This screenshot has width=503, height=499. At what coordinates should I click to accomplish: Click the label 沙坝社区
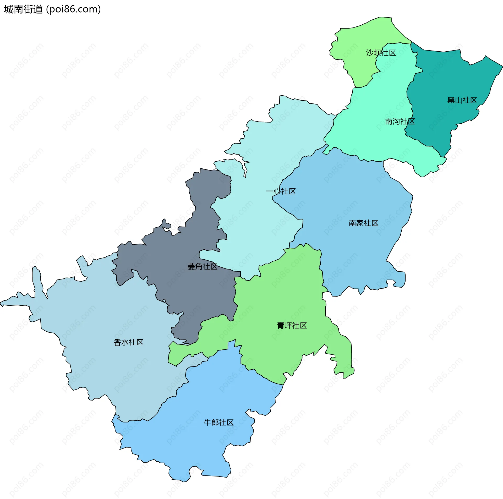381,53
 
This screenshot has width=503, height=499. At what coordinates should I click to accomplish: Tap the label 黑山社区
462,100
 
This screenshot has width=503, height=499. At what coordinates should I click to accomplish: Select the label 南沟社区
400,122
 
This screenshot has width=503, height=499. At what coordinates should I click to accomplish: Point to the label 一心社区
281,191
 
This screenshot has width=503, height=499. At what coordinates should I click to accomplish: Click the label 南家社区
363,223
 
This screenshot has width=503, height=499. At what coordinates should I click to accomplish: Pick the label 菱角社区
202,267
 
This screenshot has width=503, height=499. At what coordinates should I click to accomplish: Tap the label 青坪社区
292,326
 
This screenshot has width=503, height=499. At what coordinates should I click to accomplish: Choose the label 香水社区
128,342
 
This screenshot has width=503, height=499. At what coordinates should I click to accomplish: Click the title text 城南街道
23,9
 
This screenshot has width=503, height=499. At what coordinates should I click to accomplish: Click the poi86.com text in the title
73,9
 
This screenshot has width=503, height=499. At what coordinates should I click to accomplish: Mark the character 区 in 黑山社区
473,100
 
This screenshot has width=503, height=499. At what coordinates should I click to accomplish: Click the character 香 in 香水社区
117,342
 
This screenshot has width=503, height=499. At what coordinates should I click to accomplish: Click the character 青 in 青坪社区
281,326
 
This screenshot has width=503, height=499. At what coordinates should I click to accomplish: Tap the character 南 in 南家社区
352,223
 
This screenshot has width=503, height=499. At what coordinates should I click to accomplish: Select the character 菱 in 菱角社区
191,267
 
